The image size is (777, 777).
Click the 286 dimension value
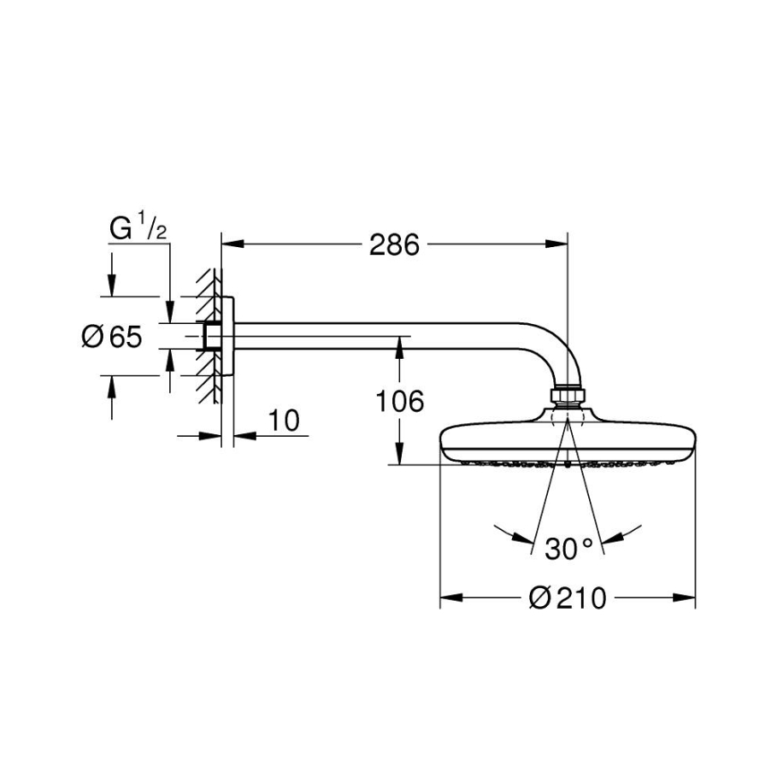(x=394, y=243)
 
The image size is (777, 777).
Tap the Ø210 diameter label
(x=568, y=598)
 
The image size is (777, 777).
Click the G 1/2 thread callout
(x=137, y=230)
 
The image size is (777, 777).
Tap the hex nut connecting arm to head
(x=567, y=396)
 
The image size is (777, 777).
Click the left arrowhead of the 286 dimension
(x=229, y=243)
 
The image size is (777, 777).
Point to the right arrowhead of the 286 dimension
(x=559, y=243)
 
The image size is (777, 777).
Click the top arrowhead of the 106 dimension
(x=399, y=346)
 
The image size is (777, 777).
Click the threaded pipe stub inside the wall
(x=212, y=337)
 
